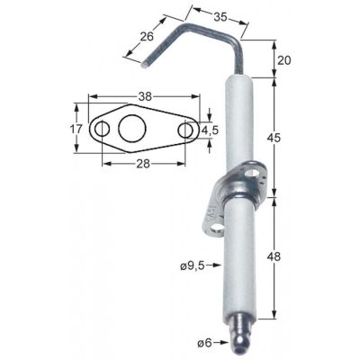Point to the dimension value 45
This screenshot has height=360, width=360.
coord(278,137)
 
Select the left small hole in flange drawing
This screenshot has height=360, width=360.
coord(102,130)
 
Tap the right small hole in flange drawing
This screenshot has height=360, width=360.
coord(185,130)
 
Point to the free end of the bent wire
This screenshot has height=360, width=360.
coord(144,64)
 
